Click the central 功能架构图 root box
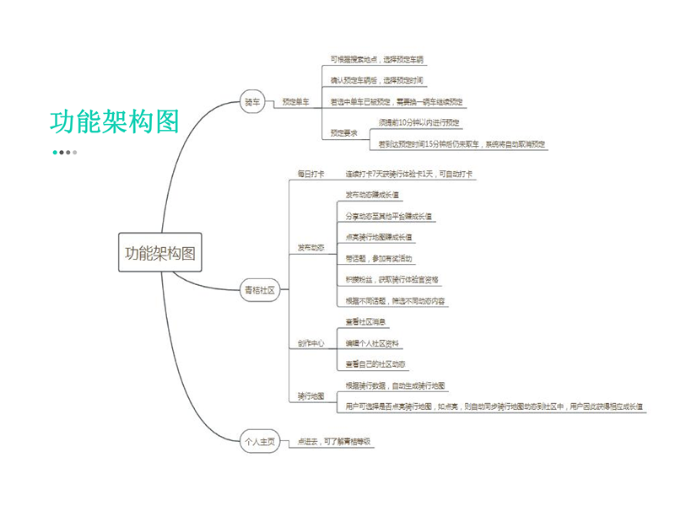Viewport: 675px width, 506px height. (x=159, y=252)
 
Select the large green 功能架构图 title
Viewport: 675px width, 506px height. (x=115, y=121)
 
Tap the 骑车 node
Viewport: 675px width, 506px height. (x=252, y=102)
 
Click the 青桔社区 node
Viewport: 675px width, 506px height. (x=260, y=289)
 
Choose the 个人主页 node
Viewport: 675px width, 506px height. (x=260, y=441)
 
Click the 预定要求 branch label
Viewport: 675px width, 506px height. (x=343, y=132)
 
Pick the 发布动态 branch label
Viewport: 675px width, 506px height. (x=310, y=247)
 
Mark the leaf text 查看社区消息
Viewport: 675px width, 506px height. (x=366, y=322)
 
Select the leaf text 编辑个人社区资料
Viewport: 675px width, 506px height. (x=373, y=343)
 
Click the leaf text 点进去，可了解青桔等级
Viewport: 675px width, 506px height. (x=334, y=441)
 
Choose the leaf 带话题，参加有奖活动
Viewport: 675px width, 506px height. (x=379, y=258)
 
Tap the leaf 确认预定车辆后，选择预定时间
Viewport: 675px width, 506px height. (x=376, y=81)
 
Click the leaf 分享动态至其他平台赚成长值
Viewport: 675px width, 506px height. (x=389, y=216)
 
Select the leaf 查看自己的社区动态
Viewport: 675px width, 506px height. (x=375, y=364)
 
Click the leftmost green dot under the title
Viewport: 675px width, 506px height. (x=55, y=153)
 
